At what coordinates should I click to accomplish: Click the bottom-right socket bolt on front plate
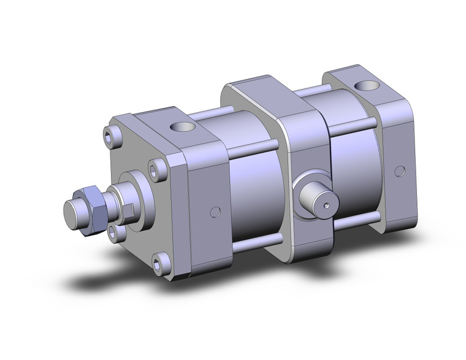pyautogui.click(x=162, y=264)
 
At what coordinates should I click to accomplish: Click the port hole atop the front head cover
pyautogui.click(x=182, y=128)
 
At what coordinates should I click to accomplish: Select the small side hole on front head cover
pyautogui.click(x=215, y=212)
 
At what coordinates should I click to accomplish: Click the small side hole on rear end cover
pyautogui.click(x=400, y=170)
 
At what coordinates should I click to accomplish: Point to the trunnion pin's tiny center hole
pyautogui.click(x=326, y=205)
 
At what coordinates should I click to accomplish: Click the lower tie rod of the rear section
pyautogui.click(x=357, y=218)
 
